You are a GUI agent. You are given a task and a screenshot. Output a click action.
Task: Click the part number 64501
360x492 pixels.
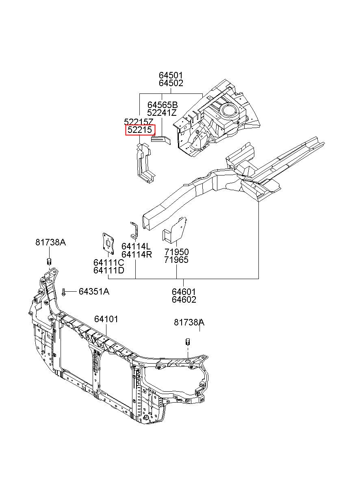(x=171, y=75)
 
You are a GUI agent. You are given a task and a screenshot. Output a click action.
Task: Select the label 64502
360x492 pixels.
(x=171, y=83)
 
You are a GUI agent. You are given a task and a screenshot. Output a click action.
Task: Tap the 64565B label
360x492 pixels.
(x=163, y=105)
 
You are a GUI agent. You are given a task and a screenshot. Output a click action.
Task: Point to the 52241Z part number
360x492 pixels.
(x=162, y=113)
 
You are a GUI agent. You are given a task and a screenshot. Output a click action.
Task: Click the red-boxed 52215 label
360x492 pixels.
(x=140, y=130)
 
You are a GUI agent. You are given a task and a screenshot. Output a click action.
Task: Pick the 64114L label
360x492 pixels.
(x=136, y=247)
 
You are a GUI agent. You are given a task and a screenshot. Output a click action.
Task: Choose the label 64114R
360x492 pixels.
(x=137, y=255)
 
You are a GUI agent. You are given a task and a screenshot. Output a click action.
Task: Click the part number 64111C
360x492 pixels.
(x=109, y=262)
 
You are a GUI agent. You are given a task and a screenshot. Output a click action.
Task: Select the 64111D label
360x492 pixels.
(x=109, y=271)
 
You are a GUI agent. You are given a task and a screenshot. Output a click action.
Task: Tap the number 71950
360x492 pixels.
(x=177, y=252)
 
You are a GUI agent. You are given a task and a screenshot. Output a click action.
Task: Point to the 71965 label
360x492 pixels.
(x=177, y=260)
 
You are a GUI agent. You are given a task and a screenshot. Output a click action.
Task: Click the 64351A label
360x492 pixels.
(x=94, y=291)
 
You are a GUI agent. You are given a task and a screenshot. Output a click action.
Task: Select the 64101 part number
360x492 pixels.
(x=106, y=319)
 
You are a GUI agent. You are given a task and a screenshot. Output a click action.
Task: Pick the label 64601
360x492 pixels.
(x=184, y=292)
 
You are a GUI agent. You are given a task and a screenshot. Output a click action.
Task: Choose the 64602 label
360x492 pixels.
(x=184, y=300)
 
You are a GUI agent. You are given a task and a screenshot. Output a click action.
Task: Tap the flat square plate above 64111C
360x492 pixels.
(x=108, y=244)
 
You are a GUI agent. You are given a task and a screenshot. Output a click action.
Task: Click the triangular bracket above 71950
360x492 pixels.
(x=175, y=230)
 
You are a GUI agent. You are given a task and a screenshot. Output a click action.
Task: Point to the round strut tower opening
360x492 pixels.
(x=229, y=111)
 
